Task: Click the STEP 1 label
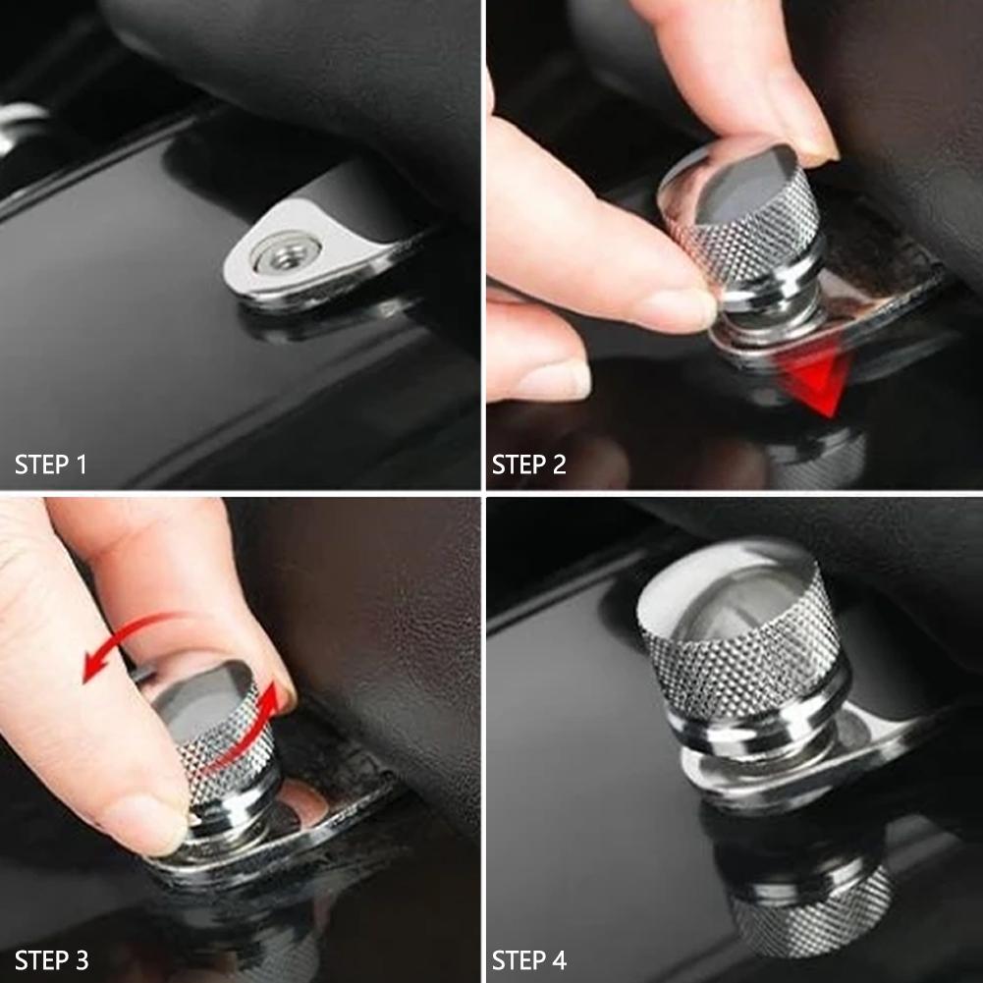(51, 464)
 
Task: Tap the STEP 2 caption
(529, 464)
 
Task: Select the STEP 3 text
(51, 958)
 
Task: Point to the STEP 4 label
(529, 958)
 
